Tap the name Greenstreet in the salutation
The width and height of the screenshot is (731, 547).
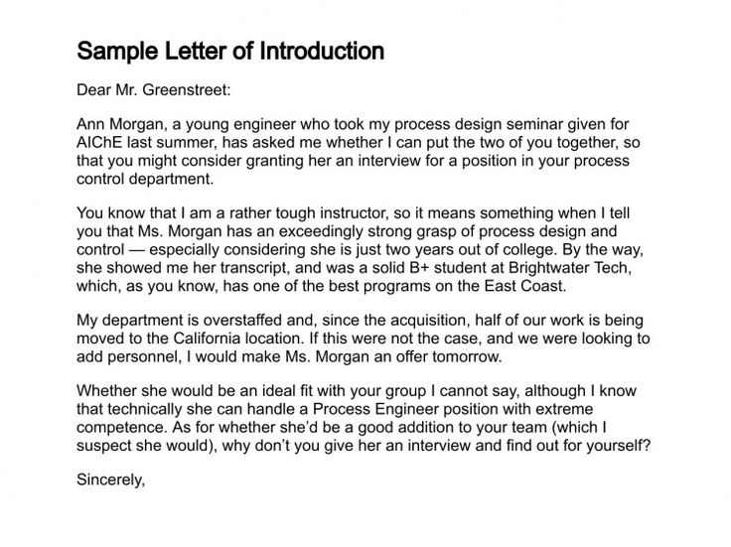pyautogui.click(x=183, y=91)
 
